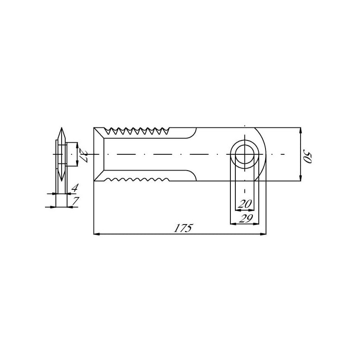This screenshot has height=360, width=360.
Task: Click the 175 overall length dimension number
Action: (183, 228)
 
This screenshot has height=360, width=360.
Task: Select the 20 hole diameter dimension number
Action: (245, 204)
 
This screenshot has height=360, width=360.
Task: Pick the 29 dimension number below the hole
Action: (246, 218)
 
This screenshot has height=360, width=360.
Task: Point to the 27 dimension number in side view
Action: (83, 155)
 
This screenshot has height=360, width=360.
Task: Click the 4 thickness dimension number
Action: (74, 188)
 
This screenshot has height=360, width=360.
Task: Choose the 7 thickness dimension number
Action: (75, 201)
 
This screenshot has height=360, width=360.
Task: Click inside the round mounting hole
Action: (245, 154)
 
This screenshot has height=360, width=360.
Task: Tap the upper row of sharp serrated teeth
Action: (137, 131)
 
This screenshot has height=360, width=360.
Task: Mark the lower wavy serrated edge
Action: (137, 179)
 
